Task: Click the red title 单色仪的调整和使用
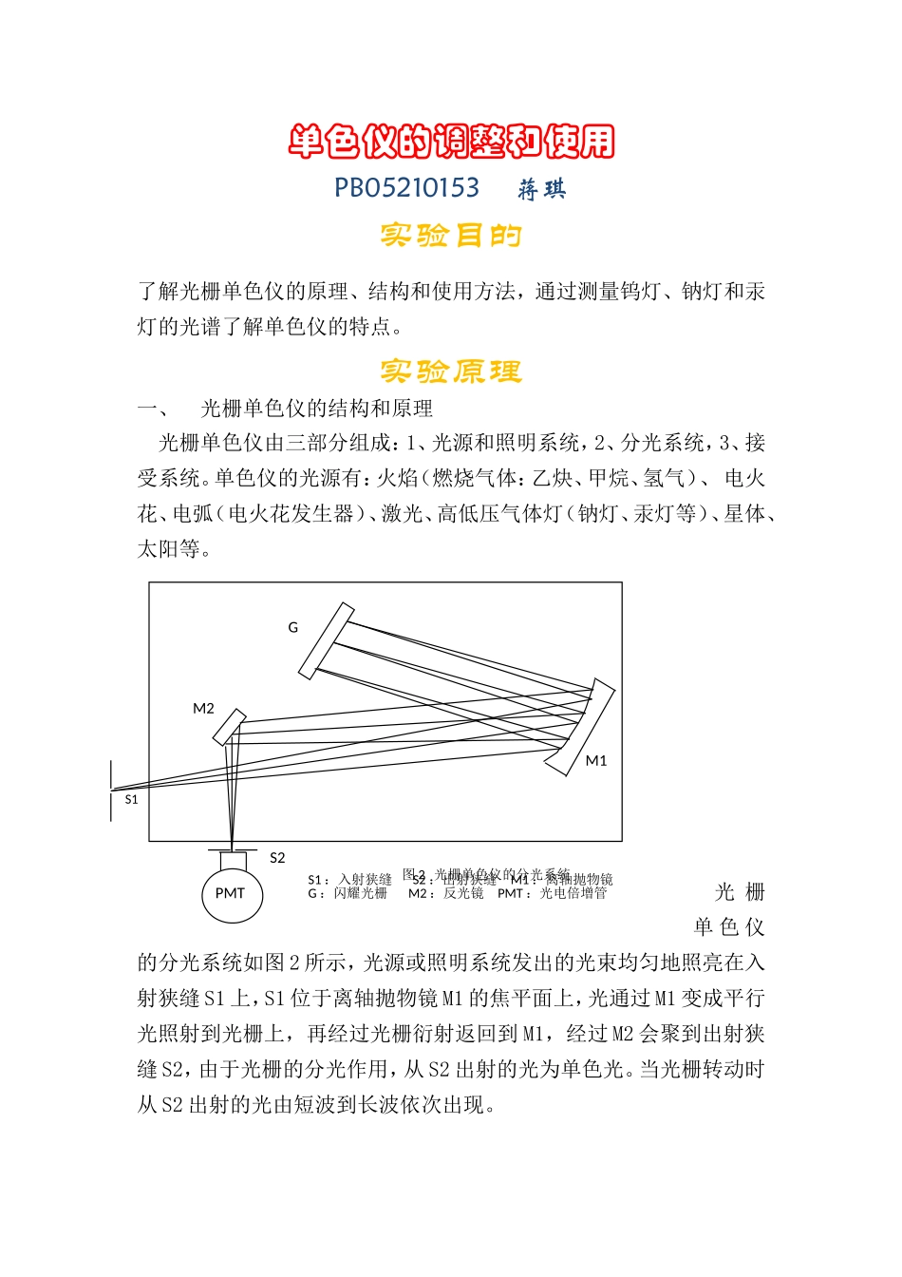[x=451, y=142]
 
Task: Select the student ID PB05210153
[x=406, y=188]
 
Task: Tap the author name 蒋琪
[x=542, y=190]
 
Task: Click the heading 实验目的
[x=451, y=235]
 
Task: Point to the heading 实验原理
[x=451, y=371]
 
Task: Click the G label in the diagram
[x=292, y=627]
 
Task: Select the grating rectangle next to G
[x=326, y=641]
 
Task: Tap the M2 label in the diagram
[x=203, y=709]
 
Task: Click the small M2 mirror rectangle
[x=229, y=728]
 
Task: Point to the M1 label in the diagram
[x=595, y=760]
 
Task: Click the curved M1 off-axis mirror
[x=580, y=727]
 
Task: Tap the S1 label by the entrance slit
[x=131, y=800]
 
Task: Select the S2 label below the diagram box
[x=277, y=858]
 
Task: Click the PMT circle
[x=231, y=893]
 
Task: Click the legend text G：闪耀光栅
[x=348, y=894]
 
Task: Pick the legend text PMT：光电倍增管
[x=553, y=894]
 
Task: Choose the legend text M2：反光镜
[x=446, y=894]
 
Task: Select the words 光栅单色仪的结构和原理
[x=317, y=409]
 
